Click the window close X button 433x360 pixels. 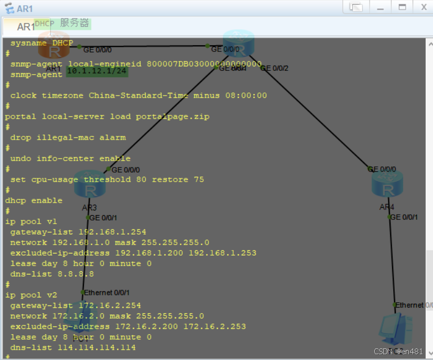423,7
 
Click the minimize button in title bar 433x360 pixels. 381,7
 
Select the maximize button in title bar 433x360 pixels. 402,7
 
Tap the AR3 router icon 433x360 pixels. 90,184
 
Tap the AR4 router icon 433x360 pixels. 387,184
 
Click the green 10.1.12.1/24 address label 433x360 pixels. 98,71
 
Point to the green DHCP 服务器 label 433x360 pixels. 62,24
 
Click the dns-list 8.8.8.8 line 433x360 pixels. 52,274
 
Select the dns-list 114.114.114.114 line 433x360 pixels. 73,347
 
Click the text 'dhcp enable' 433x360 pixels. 34,200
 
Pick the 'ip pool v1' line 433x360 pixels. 31,221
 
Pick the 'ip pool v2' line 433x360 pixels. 31,295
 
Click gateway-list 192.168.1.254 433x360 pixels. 78,232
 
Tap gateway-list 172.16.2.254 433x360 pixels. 75,305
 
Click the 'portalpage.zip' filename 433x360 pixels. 175,117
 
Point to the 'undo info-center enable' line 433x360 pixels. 70,158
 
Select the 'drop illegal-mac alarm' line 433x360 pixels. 68,137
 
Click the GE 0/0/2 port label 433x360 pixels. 274,68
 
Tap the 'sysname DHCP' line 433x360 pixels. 41,43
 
